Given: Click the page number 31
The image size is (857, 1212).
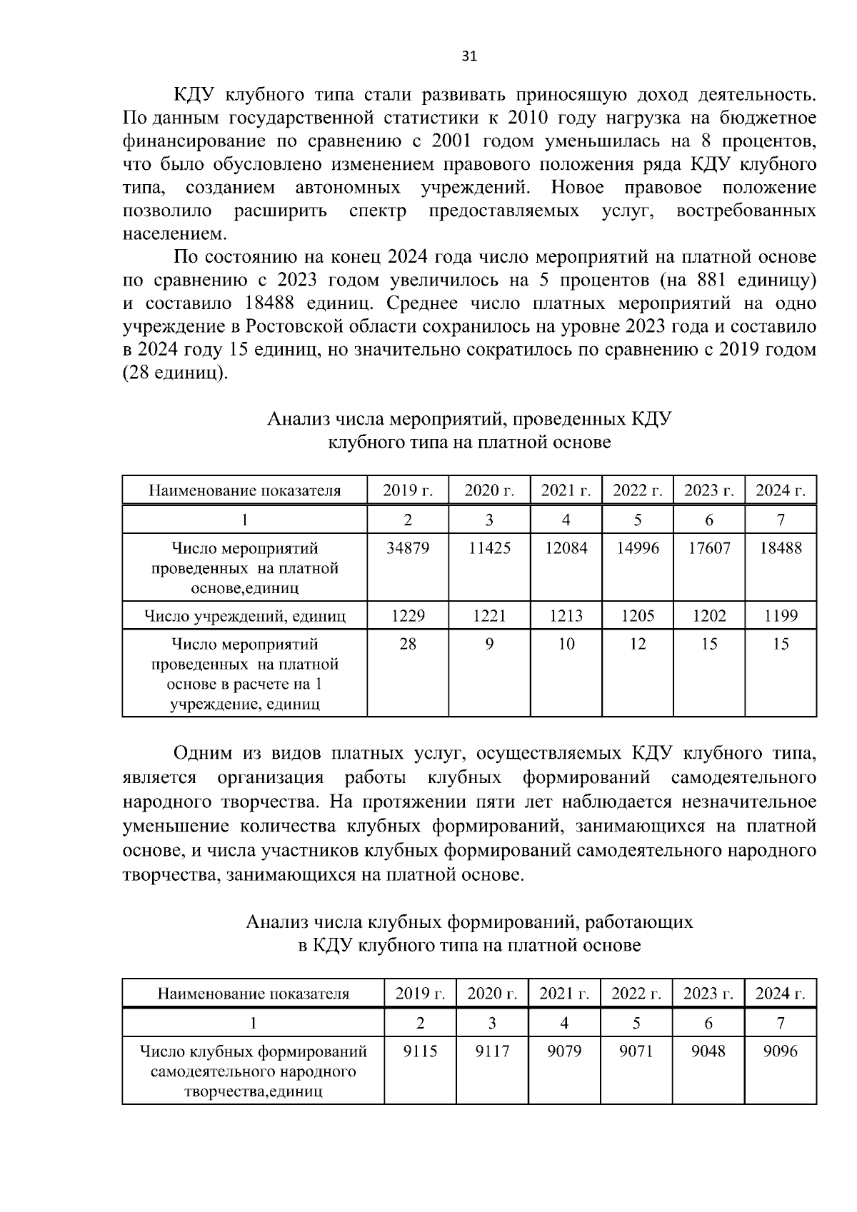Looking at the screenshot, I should [469, 57].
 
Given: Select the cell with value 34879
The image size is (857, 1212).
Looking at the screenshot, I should [408, 548].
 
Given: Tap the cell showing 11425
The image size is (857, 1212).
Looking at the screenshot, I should [489, 548].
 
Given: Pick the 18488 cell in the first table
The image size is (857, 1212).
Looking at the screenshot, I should [781, 548].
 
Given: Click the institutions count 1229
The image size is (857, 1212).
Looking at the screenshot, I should [408, 615].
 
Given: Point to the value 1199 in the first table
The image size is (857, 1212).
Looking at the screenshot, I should [781, 615].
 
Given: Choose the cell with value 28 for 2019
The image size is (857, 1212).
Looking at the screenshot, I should [408, 644].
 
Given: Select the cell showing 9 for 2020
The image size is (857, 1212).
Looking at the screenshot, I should [489, 644].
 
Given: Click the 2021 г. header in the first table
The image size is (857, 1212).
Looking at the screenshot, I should [566, 490].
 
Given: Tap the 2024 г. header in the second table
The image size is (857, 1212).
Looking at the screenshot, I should [781, 993].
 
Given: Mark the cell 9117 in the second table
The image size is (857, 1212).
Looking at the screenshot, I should [492, 1051].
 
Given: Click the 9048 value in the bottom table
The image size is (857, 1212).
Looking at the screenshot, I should [708, 1051].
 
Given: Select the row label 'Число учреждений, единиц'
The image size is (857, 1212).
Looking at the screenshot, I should [245, 615].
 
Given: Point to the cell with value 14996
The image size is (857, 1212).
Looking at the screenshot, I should [638, 548].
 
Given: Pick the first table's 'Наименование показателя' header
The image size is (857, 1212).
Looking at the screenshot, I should [245, 490].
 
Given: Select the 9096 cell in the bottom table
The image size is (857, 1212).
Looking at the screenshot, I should [781, 1051].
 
